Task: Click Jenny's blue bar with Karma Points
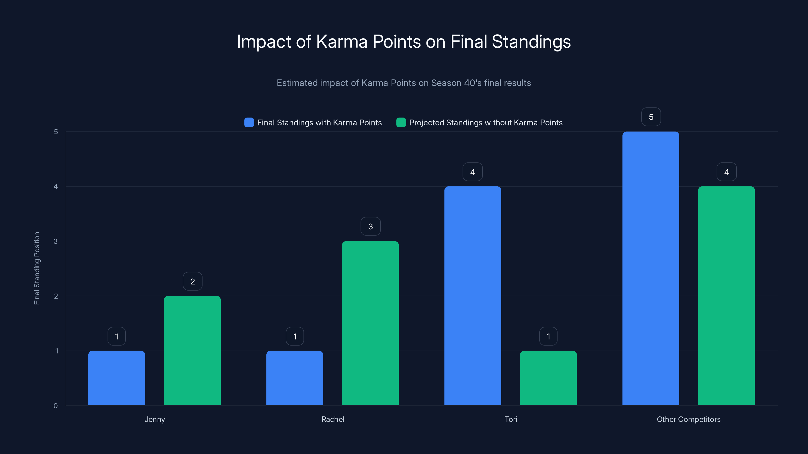click(116, 378)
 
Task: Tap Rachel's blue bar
click(294, 378)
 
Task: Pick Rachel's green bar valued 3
click(370, 323)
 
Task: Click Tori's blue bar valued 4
click(472, 296)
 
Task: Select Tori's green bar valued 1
click(548, 378)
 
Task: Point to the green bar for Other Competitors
click(726, 296)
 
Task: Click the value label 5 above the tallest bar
click(651, 117)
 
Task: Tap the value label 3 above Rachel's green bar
click(370, 226)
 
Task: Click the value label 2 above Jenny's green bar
click(193, 281)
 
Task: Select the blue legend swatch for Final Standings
click(249, 123)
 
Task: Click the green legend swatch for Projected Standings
click(401, 123)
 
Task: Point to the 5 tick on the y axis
click(56, 132)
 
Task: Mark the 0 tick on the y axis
click(56, 406)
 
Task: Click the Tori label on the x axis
click(511, 419)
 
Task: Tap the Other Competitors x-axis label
click(689, 419)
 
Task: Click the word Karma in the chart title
click(342, 42)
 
